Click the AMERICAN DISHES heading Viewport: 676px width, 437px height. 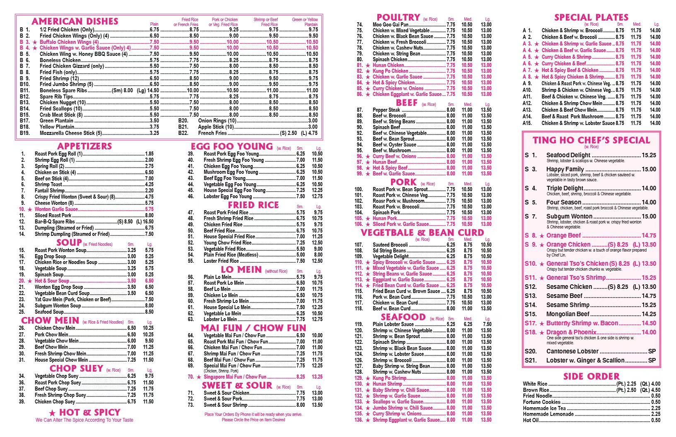(75, 22)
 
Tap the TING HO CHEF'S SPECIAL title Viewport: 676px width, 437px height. (591, 140)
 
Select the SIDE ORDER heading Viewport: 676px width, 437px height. (591, 376)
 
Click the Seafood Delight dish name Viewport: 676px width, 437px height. (568, 155)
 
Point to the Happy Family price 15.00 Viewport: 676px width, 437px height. (649, 169)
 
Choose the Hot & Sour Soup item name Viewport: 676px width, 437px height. (52, 281)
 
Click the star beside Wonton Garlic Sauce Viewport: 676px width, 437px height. (29, 209)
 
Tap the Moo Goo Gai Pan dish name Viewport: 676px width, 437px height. (390, 24)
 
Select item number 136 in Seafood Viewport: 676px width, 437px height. (359, 420)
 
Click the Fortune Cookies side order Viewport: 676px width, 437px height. (541, 402)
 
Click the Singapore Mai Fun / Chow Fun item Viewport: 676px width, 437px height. (235, 377)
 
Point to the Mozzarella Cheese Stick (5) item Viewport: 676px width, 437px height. (71, 133)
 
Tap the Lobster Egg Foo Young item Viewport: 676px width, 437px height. (227, 196)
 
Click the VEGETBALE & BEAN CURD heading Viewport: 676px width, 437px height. (422, 233)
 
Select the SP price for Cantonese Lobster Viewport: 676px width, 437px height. (652, 351)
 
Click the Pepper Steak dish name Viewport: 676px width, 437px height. (386, 110)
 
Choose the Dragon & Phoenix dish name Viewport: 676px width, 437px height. (571, 332)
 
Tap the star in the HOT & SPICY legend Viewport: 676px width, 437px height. (52, 413)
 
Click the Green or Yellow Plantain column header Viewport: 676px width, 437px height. (305, 22)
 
